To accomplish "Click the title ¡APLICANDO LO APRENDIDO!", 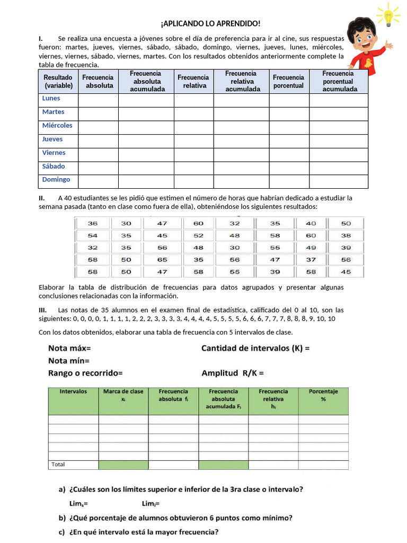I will (210, 24).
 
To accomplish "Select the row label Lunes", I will (51, 99).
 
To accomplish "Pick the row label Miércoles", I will (57, 126).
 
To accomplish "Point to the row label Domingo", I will (56, 180).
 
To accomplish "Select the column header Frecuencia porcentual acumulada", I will (338, 81).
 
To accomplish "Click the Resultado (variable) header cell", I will (58, 81).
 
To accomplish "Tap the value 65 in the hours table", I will (162, 260).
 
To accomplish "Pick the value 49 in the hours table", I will (312, 248).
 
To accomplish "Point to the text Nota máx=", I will (69, 348).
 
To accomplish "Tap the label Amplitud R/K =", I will (233, 373).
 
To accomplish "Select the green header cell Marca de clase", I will (123, 395).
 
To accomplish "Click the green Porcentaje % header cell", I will (323, 395).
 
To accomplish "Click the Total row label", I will (58, 465).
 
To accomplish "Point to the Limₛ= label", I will (78, 503).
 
